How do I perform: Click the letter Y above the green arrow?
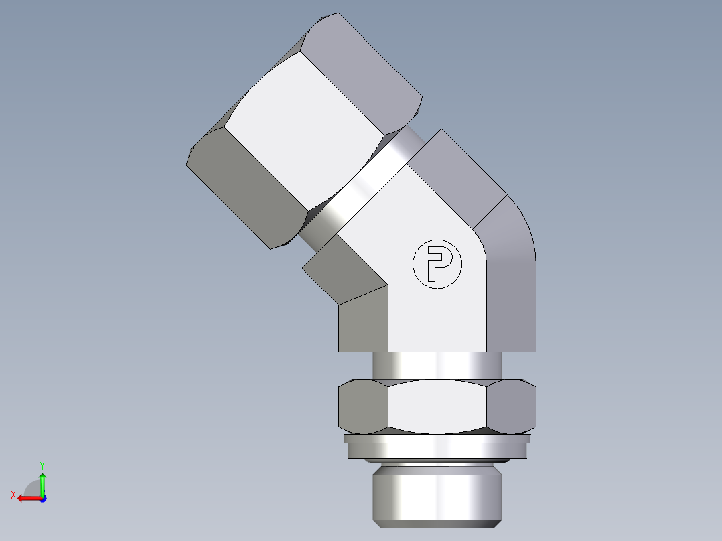point(42,465)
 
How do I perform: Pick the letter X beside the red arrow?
point(13,495)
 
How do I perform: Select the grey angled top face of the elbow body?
point(462,174)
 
